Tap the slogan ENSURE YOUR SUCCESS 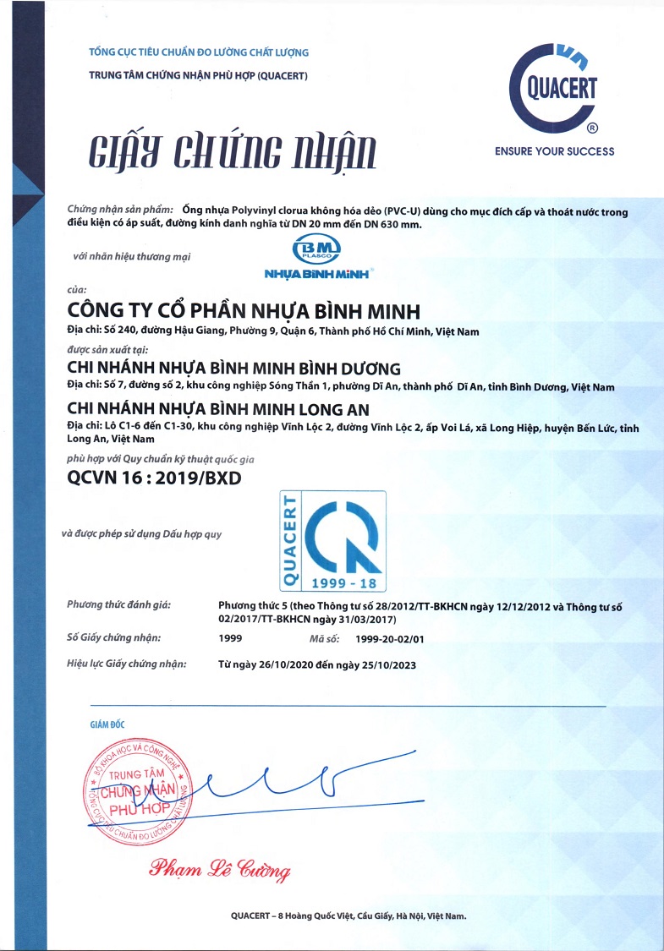click(x=554, y=151)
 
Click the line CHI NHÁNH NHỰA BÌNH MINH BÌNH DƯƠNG click(x=233, y=369)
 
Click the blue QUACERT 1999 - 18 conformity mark click(x=332, y=541)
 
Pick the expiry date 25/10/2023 click(x=387, y=664)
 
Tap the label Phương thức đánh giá click(x=113, y=605)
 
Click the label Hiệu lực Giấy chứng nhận click(x=126, y=664)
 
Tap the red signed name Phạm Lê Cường click(x=220, y=868)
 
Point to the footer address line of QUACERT click(x=348, y=916)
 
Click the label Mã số click(x=324, y=638)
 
